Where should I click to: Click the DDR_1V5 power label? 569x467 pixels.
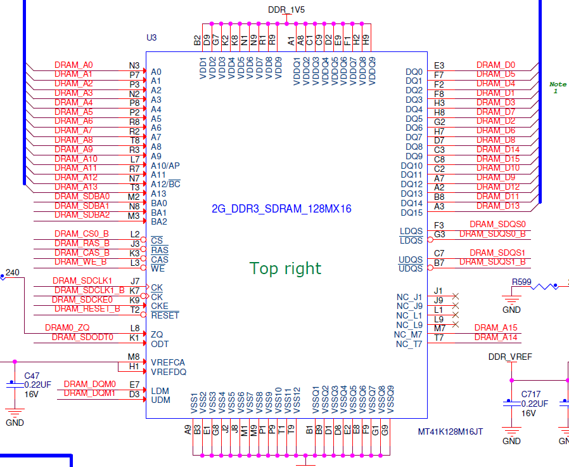[x=286, y=10]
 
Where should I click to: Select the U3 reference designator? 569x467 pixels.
[x=151, y=37]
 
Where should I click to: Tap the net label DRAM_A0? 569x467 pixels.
[x=74, y=65]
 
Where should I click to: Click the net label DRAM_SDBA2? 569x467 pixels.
[x=82, y=215]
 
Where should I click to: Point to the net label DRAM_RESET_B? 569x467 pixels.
[x=87, y=309]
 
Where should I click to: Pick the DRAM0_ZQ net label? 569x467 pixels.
[x=67, y=327]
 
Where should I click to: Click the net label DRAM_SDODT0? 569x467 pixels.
[x=82, y=337]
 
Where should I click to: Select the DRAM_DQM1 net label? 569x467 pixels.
[x=89, y=393]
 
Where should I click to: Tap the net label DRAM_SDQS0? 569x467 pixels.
[x=497, y=225]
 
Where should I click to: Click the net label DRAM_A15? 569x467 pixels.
[x=496, y=327]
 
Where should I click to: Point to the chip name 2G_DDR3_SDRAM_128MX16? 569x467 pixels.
[x=281, y=209]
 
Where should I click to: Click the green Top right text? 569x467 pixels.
[x=286, y=268]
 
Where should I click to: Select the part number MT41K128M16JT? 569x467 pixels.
[x=451, y=431]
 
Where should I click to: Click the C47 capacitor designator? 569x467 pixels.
[x=31, y=376]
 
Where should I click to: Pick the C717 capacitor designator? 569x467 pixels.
[x=531, y=394]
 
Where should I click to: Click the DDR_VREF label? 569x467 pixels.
[x=510, y=357]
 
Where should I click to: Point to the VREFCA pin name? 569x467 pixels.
[x=168, y=362]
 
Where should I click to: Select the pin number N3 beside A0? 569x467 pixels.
[x=134, y=65]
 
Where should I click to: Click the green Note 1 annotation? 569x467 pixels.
[x=557, y=88]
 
